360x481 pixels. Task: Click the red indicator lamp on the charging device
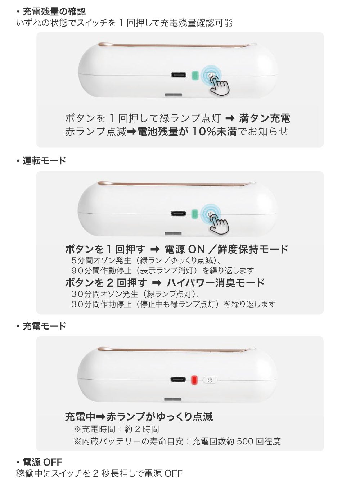click(x=194, y=380)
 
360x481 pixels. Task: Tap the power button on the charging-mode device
click(x=210, y=380)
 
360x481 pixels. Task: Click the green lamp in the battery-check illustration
click(x=194, y=75)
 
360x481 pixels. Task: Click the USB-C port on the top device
click(x=179, y=75)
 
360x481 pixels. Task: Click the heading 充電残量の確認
click(x=54, y=12)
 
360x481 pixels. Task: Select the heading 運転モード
click(x=44, y=160)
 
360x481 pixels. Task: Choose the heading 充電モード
click(x=44, y=326)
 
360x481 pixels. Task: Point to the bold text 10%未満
click(x=214, y=131)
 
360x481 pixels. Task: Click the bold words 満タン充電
click(x=265, y=118)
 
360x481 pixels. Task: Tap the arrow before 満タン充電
click(x=230, y=119)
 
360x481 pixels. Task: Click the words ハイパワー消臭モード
click(x=215, y=283)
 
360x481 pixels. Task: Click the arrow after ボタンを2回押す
click(x=157, y=283)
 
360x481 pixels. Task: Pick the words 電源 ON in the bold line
click(x=185, y=249)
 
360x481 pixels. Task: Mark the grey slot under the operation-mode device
click(x=173, y=233)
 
